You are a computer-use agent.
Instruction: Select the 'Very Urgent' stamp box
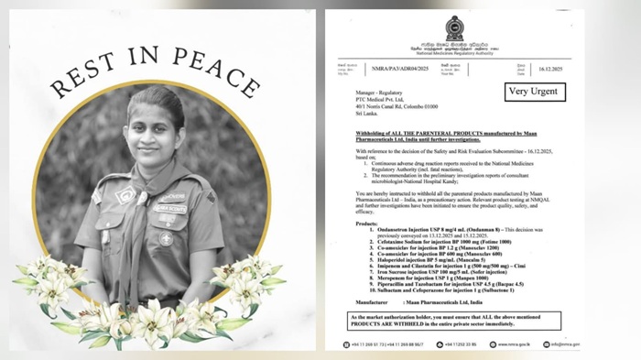[x=536, y=92]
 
